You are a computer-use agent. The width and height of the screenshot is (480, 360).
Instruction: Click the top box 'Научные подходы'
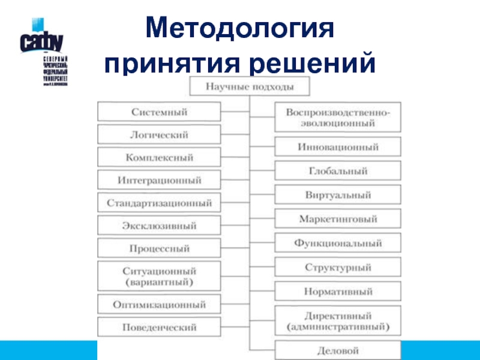point(250,87)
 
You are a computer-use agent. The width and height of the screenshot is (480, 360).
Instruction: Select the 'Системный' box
point(159,112)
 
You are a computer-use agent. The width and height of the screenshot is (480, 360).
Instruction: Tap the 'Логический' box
point(159,135)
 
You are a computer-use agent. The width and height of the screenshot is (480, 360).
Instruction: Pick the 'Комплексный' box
point(159,158)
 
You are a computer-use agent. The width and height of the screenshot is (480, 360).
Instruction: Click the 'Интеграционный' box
point(159,180)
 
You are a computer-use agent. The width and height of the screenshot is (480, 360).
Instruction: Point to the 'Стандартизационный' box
point(159,203)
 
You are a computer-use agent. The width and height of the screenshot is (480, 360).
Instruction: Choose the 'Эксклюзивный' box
point(159,226)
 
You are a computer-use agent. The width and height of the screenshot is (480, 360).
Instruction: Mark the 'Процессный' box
point(159,248)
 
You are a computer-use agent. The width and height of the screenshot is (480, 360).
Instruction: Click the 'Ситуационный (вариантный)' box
point(159,275)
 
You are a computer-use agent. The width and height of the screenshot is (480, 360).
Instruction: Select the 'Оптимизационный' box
point(159,304)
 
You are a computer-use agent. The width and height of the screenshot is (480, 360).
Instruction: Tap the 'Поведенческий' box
point(159,327)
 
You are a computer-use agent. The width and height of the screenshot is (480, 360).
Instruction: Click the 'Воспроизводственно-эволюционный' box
point(338,118)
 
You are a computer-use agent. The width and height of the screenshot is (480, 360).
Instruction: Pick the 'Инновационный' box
point(338,147)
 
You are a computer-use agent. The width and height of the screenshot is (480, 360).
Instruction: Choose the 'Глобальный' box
point(338,171)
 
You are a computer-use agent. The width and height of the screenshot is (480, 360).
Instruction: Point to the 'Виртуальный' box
point(338,196)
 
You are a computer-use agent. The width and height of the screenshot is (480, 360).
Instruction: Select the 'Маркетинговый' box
point(338,220)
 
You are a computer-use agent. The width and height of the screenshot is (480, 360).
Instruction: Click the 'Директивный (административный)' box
point(338,321)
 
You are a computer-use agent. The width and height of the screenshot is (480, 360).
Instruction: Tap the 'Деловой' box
point(338,350)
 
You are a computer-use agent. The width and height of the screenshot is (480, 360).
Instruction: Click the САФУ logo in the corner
point(42,42)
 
